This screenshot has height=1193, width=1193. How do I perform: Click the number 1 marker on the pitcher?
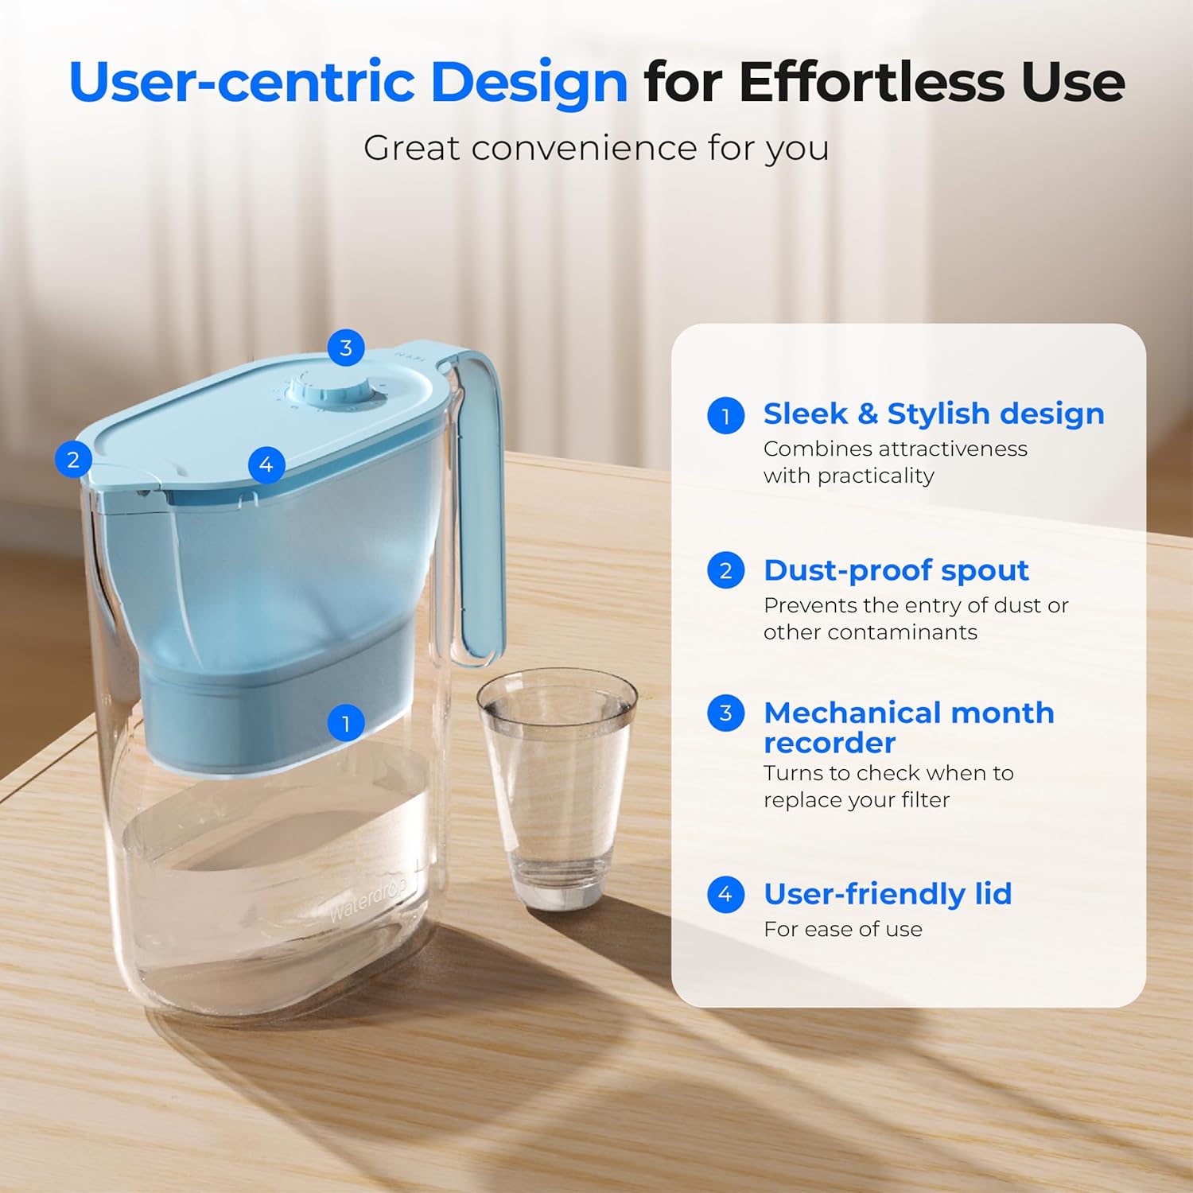(x=346, y=723)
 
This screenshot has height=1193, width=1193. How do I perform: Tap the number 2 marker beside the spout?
(x=73, y=459)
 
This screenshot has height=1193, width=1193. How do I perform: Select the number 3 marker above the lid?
(x=346, y=348)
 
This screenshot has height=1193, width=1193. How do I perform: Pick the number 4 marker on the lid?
(x=266, y=464)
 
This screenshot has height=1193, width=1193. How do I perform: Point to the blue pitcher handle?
(x=480, y=509)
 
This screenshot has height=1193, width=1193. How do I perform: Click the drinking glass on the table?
(x=557, y=787)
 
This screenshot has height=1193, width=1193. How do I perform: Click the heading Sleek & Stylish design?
(x=934, y=414)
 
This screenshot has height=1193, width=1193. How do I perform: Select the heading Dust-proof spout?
(x=896, y=570)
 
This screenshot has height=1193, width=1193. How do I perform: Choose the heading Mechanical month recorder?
(x=908, y=727)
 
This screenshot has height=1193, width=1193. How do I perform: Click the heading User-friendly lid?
(x=888, y=894)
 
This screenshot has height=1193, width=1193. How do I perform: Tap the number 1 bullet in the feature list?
(x=725, y=415)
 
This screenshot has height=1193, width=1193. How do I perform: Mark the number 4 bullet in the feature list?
(x=725, y=895)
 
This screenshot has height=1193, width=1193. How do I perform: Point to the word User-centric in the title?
(x=242, y=82)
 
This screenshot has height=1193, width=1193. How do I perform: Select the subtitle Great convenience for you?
(x=596, y=148)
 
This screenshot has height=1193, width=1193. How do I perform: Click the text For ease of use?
(x=843, y=929)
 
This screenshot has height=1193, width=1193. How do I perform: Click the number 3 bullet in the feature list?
(x=725, y=713)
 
